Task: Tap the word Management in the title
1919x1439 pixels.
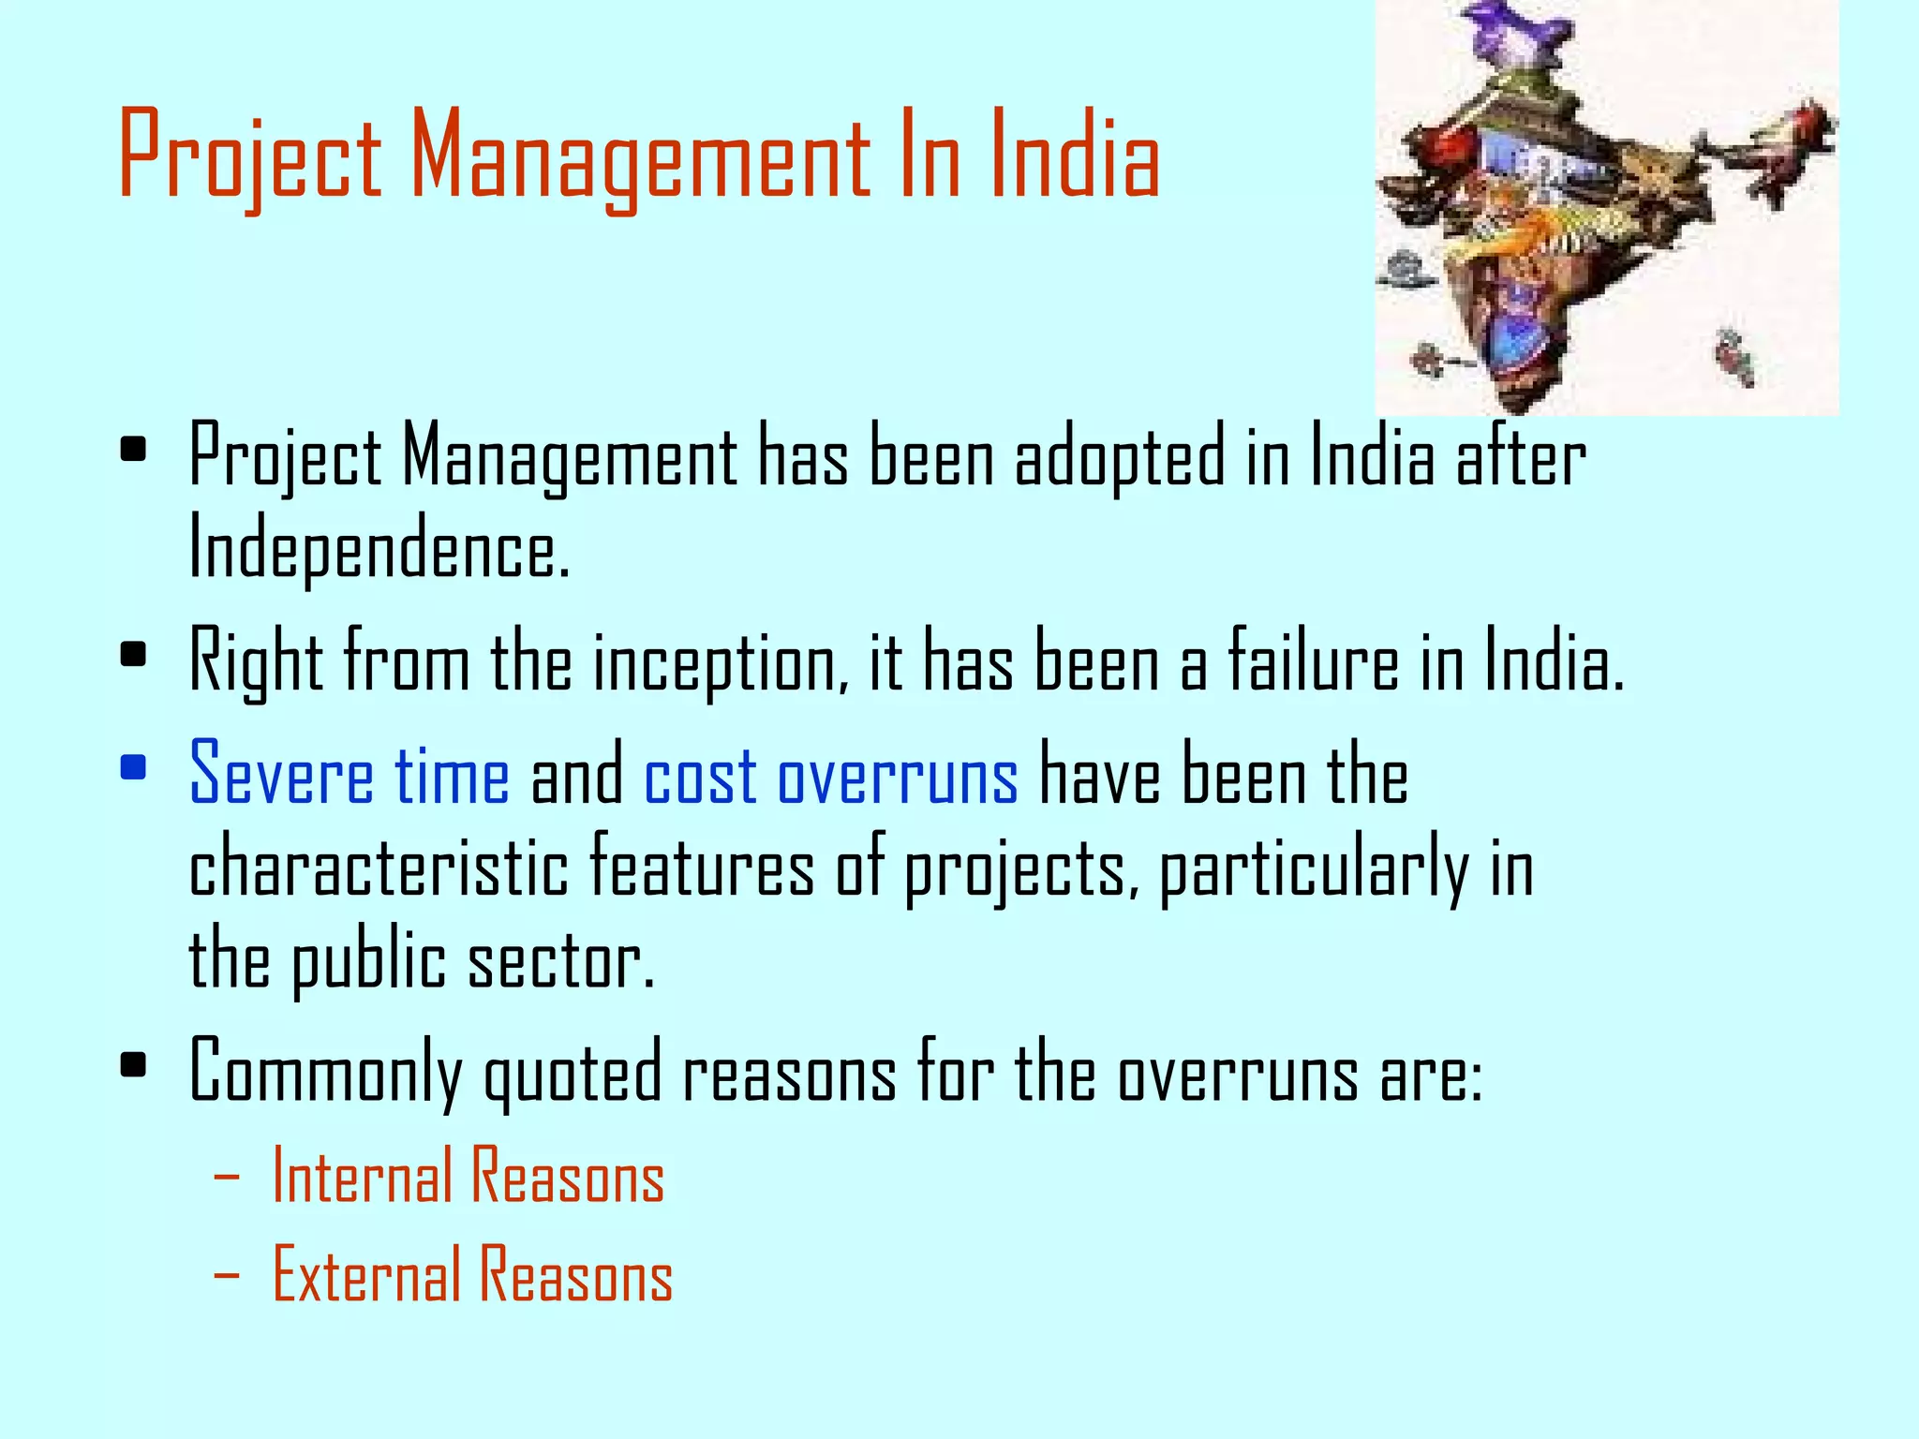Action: click(x=640, y=155)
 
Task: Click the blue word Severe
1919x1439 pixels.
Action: click(x=281, y=775)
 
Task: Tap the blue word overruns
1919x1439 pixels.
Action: click(x=897, y=777)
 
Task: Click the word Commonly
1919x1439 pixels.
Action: click(x=325, y=1074)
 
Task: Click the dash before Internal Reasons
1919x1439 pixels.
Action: click(x=226, y=1178)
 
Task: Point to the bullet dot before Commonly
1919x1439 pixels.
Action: click(x=133, y=1065)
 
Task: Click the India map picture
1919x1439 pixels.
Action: click(x=1606, y=207)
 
